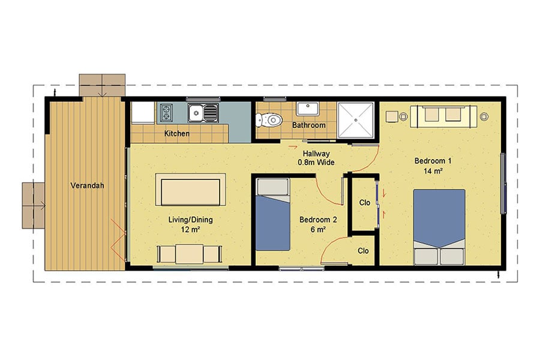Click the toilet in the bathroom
(270, 120)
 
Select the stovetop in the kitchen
(166, 112)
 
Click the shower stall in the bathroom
(356, 120)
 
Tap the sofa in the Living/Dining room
(191, 190)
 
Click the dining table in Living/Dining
(189, 253)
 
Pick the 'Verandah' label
(87, 185)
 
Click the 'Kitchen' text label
(177, 133)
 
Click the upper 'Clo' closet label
(364, 203)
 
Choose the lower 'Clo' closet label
(362, 251)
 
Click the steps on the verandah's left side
(34, 206)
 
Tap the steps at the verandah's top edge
(102, 85)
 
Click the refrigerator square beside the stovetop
(143, 112)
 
